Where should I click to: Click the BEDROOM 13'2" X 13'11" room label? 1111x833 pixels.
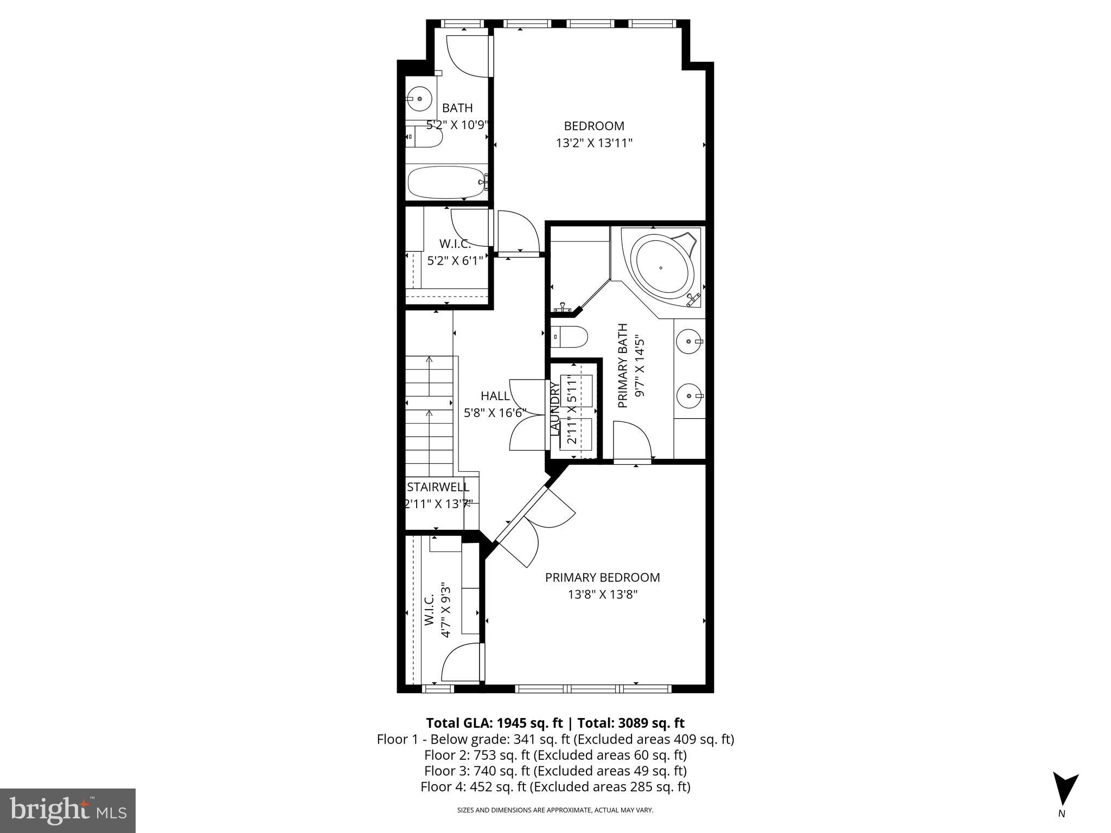click(594, 134)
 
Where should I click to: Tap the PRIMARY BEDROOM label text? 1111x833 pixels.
click(602, 578)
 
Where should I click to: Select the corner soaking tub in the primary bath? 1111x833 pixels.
click(664, 266)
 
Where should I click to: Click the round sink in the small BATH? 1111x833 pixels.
click(419, 99)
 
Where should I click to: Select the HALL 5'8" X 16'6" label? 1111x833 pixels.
click(495, 404)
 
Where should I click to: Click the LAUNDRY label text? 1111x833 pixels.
click(554, 408)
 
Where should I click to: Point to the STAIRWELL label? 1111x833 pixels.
click(438, 487)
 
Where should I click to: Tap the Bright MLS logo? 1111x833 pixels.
click(68, 810)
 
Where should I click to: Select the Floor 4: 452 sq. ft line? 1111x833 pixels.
click(555, 787)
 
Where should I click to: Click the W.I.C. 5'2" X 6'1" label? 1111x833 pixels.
click(455, 252)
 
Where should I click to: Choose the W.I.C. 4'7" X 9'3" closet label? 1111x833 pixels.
click(437, 610)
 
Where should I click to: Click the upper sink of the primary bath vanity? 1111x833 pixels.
click(689, 342)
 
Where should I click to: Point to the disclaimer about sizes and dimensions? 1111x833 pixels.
click(555, 810)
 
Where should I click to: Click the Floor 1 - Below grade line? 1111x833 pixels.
click(555, 739)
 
